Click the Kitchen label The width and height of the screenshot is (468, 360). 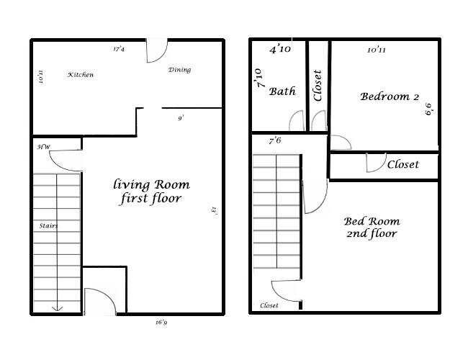pos(81,75)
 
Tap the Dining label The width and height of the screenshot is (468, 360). pos(179,70)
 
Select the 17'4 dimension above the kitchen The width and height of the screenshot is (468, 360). pos(120,50)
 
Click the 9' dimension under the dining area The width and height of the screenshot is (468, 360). pos(181,117)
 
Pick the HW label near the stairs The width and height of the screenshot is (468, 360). pos(43,146)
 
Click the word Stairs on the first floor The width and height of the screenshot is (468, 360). pos(48,225)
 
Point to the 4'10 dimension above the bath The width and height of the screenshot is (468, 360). pos(279,50)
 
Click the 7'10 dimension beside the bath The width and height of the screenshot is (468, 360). pos(258,77)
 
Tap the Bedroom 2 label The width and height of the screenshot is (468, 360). pos(390,96)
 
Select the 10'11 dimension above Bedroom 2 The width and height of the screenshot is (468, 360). pos(377,50)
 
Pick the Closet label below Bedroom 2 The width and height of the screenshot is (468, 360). pos(402,164)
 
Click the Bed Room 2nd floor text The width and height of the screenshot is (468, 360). pos(372,228)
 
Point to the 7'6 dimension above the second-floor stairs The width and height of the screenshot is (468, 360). pos(274,140)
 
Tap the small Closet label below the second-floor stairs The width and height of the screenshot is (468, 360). pos(269,306)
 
